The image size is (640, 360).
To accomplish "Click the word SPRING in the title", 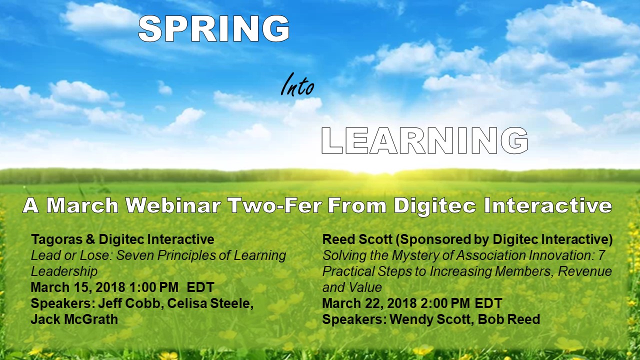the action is point(214,28).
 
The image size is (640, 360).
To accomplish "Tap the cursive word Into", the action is point(297,84).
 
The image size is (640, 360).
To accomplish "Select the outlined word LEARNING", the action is point(424,141).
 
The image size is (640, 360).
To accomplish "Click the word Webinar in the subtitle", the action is point(173,205).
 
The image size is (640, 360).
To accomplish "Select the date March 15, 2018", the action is point(77,287).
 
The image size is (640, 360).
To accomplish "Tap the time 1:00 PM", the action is point(153,287).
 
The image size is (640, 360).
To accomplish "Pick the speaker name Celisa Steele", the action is point(210,303).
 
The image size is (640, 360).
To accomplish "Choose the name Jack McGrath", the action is point(74,319).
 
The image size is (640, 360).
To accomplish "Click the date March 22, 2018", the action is point(369,303).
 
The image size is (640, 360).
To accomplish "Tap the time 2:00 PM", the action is point(445,303).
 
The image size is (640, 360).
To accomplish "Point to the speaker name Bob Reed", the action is point(509,319).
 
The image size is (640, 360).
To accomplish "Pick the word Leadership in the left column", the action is point(64,271).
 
